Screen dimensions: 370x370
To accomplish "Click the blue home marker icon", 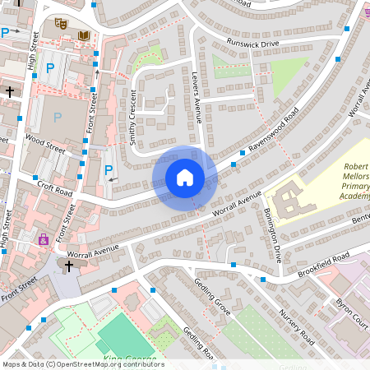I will click(185, 177).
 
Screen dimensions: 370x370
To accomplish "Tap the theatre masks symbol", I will click(59, 25).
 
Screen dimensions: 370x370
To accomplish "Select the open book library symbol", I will click(84, 35).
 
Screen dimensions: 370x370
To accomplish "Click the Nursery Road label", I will click(296, 326).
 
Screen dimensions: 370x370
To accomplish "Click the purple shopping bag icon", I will click(43, 239).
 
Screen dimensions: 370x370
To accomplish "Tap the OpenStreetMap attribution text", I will click(82, 364).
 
